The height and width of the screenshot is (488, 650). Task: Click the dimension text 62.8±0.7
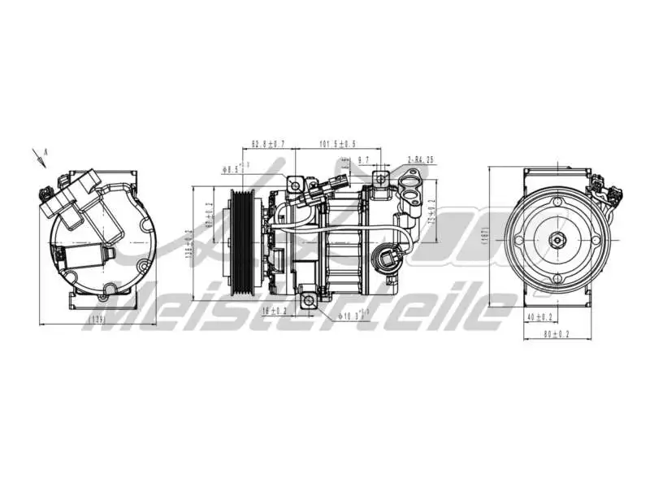[268, 144]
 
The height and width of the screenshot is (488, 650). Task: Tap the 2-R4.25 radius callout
[421, 160]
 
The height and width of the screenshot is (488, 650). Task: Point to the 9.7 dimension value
[363, 160]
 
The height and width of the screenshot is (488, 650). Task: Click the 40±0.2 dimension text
[539, 316]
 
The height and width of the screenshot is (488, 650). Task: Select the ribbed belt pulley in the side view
[243, 241]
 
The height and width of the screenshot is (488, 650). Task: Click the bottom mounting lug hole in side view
[308, 302]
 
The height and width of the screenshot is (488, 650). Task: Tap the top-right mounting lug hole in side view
[379, 179]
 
